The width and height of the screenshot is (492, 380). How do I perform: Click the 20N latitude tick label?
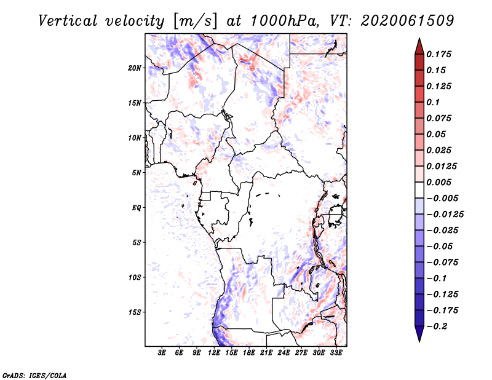pos(134,68)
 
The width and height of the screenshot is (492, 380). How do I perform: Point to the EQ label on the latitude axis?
pos(137,208)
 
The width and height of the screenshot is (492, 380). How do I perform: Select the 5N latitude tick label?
pos(137,173)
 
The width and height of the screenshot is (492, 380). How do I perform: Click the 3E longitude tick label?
pos(162,353)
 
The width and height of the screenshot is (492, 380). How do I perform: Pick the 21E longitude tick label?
pos(266,353)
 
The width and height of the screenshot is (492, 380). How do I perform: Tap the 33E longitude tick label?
pos(336,353)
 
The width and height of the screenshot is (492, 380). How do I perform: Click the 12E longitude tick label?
pos(214,353)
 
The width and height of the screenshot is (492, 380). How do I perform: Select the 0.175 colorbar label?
pos(438,54)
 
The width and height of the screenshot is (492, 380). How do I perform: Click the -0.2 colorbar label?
pos(437,327)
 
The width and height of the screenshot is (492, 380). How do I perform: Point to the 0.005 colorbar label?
pos(438,182)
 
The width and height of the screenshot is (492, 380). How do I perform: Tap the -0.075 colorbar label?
pos(442,263)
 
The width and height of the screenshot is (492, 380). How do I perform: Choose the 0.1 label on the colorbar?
pos(433,102)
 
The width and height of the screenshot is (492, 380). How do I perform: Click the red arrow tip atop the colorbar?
pos(419,38)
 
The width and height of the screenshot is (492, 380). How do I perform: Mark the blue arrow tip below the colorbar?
pos(419,342)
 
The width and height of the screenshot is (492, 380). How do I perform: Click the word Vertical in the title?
pos(68,21)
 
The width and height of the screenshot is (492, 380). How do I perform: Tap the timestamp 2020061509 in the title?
pos(407,21)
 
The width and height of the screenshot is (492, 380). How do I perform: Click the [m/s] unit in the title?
pos(195,22)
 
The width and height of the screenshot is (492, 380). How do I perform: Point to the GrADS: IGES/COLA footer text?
pos(34,376)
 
